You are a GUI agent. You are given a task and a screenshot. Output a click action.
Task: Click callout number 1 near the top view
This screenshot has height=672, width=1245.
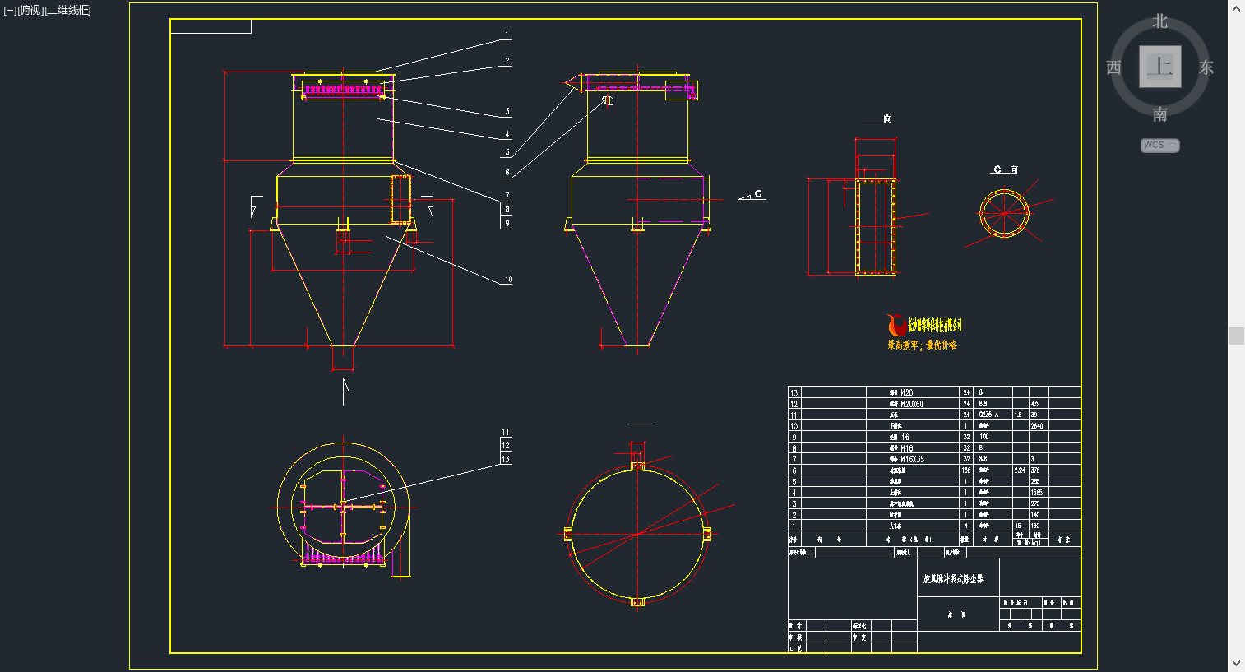(x=507, y=35)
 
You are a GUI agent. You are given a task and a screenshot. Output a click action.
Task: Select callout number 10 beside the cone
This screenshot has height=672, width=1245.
(x=508, y=280)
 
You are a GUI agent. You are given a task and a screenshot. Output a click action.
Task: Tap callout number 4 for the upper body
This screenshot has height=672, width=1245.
(x=507, y=134)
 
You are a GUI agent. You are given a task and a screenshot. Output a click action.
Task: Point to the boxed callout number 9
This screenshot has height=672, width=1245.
(x=507, y=223)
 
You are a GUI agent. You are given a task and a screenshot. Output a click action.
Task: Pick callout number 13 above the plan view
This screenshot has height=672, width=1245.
(x=506, y=459)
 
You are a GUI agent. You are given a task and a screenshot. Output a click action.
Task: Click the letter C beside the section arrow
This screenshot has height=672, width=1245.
(x=758, y=194)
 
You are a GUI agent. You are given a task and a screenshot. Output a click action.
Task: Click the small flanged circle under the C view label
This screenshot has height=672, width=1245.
(x=1004, y=214)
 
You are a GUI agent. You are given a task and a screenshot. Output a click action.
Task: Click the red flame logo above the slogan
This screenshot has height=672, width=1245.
(x=896, y=325)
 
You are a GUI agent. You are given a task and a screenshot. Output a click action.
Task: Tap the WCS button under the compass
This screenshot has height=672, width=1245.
(x=1159, y=145)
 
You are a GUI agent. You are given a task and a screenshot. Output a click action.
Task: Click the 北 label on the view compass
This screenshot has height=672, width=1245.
(x=1159, y=21)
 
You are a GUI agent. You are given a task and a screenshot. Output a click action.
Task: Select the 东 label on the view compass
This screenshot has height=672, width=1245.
(x=1206, y=67)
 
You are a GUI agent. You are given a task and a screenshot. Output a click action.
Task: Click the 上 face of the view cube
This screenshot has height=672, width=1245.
(x=1159, y=67)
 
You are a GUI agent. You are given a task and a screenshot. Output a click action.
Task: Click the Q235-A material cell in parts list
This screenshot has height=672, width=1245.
(x=988, y=415)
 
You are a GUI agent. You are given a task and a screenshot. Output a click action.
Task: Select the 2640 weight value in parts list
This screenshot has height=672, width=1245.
(x=1037, y=426)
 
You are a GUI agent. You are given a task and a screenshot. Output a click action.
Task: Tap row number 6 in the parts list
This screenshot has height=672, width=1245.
(x=794, y=470)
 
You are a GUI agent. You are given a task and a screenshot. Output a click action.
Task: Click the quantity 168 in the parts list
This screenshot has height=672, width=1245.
(x=966, y=470)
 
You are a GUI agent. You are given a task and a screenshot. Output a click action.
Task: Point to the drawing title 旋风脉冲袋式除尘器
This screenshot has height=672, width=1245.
(x=953, y=579)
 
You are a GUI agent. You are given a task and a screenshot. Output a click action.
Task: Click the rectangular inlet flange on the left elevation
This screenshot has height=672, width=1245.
(x=400, y=199)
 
